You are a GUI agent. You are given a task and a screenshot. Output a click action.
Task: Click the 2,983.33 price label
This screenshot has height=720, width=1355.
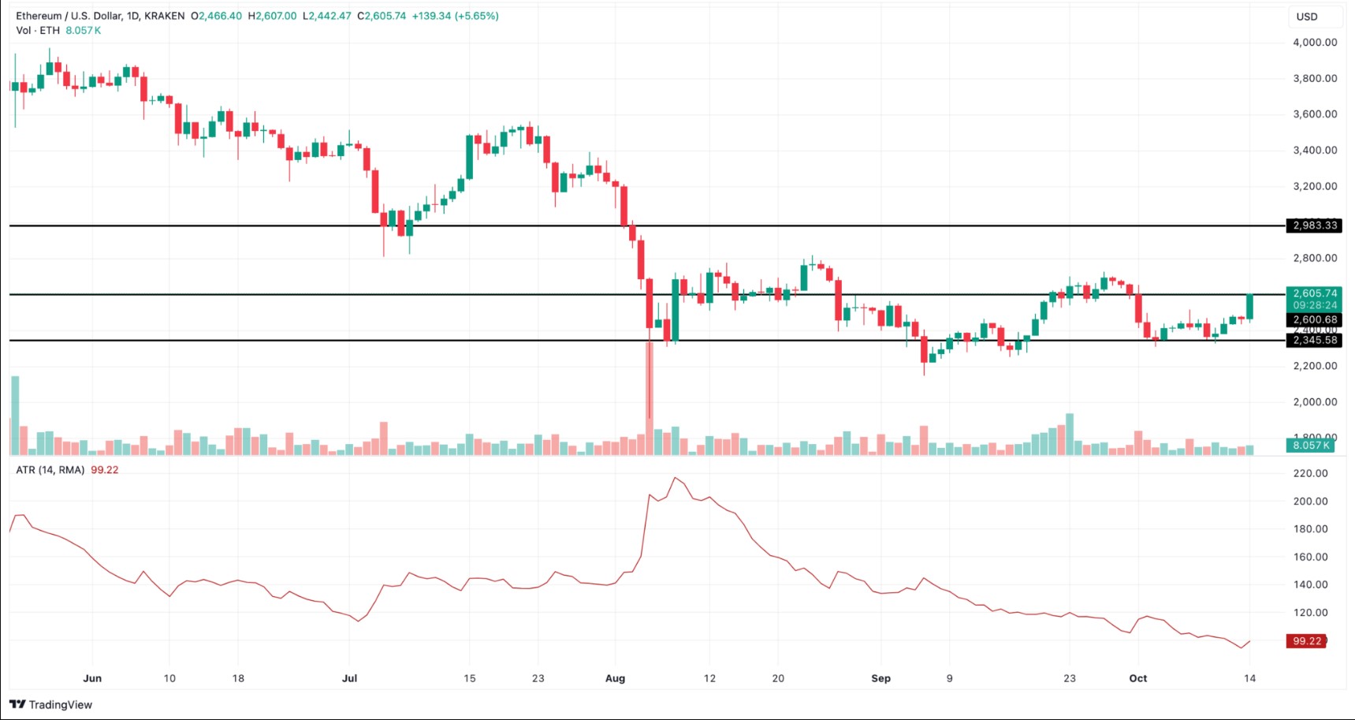pos(1314,226)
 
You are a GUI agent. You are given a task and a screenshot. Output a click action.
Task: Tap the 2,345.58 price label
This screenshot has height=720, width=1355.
pos(1314,341)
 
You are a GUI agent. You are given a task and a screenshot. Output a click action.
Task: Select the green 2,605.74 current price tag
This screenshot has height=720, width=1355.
pos(1314,293)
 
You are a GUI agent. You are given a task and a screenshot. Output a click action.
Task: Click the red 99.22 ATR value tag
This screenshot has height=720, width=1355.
pos(1307,641)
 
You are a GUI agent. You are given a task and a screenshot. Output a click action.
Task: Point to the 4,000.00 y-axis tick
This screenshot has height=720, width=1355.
pos(1314,43)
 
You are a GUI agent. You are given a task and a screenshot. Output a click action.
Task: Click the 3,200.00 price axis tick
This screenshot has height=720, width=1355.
pos(1314,187)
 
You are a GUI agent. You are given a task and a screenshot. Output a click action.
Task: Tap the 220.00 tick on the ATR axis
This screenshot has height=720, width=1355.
pos(1310,473)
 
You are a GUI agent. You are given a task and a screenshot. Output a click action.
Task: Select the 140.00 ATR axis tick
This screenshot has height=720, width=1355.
pos(1310,584)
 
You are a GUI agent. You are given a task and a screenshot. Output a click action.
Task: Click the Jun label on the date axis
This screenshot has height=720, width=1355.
pos(92,678)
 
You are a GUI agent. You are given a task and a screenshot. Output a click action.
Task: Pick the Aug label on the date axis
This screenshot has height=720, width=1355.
pos(615,678)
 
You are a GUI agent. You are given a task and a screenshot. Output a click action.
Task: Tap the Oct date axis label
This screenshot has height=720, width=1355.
pos(1137,678)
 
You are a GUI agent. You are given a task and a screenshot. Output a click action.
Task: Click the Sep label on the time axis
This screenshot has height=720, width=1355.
pos(880,678)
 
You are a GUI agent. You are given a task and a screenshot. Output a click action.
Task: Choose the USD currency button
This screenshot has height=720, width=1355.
pos(1307,17)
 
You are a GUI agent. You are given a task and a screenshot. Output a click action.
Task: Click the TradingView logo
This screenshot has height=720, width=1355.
pos(51,704)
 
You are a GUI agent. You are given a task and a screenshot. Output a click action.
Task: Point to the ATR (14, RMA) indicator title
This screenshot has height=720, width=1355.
pos(50,470)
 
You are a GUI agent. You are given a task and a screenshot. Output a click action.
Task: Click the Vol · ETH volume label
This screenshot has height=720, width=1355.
pos(38,31)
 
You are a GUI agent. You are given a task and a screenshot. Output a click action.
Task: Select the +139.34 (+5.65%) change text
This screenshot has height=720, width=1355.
pos(456,16)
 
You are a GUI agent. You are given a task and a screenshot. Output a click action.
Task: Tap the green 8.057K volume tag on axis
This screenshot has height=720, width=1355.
pos(1311,446)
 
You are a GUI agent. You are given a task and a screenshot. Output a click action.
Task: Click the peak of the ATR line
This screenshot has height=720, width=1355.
pos(675,478)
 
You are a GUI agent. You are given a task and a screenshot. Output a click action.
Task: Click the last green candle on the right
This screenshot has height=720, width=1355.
pos(1249,307)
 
